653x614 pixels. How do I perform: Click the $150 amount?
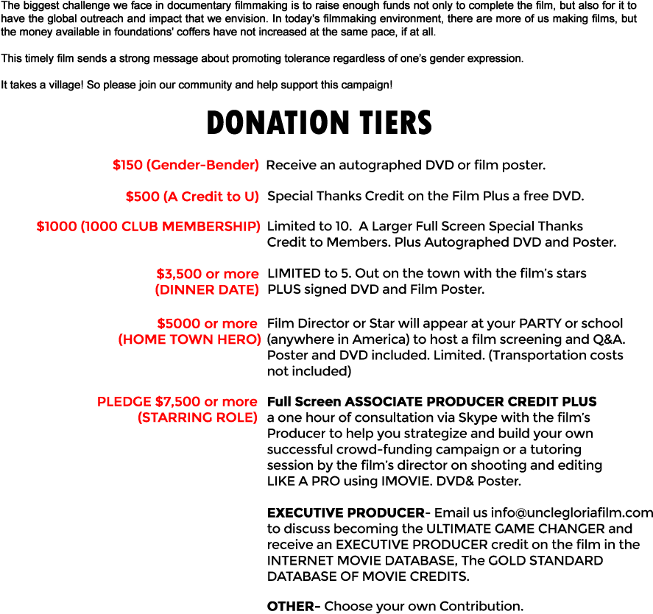click(x=127, y=166)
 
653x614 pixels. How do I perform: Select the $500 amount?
click(x=141, y=197)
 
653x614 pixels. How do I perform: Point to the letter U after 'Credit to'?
click(x=250, y=197)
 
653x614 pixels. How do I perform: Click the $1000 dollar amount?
click(x=57, y=227)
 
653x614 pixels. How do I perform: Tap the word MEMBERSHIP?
click(x=210, y=227)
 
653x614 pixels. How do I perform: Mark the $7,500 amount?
click(x=177, y=402)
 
